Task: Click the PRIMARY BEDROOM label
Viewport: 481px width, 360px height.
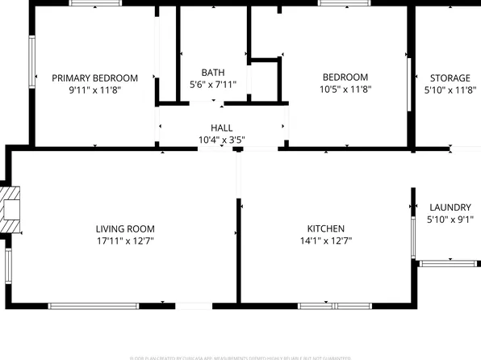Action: click(x=94, y=78)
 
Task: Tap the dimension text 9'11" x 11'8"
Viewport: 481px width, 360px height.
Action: click(x=94, y=92)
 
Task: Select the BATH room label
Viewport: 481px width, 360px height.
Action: click(x=212, y=72)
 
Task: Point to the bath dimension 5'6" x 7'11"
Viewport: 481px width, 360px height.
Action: click(x=212, y=85)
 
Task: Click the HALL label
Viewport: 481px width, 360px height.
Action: click(x=221, y=128)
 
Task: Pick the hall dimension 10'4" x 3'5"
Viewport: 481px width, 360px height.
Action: click(x=221, y=140)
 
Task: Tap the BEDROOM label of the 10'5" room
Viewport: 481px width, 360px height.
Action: click(x=345, y=77)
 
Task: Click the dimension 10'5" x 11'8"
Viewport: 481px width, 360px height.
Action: click(x=345, y=91)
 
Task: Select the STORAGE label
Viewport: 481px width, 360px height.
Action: click(x=450, y=77)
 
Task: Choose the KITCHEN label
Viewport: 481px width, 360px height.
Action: click(x=325, y=228)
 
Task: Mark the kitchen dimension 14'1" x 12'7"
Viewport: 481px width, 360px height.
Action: click(x=325, y=241)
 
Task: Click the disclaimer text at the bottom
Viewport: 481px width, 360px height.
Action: click(x=240, y=356)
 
